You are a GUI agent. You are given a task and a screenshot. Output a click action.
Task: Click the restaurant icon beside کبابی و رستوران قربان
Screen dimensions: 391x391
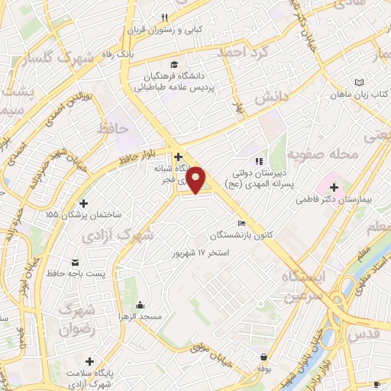(x=164, y=18)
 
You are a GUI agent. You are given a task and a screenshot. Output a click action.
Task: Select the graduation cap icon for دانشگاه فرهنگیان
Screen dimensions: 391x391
(x=176, y=65)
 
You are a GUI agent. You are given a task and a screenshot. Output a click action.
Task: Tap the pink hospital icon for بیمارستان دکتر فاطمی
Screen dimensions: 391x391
(x=333, y=186)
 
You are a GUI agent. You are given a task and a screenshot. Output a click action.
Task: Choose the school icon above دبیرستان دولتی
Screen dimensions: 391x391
(x=258, y=161)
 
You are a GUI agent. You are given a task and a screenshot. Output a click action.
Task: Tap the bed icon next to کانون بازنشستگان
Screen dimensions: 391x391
(x=242, y=223)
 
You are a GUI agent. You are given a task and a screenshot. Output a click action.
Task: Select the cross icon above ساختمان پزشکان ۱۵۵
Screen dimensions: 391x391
(x=84, y=203)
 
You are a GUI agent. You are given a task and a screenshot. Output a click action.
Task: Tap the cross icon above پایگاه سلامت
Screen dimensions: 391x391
(x=90, y=360)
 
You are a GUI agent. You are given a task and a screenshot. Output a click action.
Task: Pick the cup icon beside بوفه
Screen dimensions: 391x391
(x=263, y=357)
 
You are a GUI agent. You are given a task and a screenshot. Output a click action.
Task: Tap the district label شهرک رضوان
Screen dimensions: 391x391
(x=76, y=320)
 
